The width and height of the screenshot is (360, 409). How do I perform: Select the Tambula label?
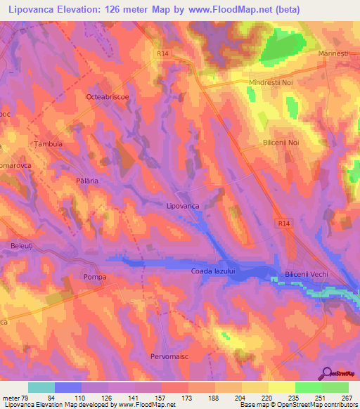[49, 143]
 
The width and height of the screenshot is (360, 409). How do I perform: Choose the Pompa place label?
[94, 277]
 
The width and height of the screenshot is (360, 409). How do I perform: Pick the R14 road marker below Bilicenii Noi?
[283, 223]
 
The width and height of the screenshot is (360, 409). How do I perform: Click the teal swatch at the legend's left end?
[41, 387]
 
